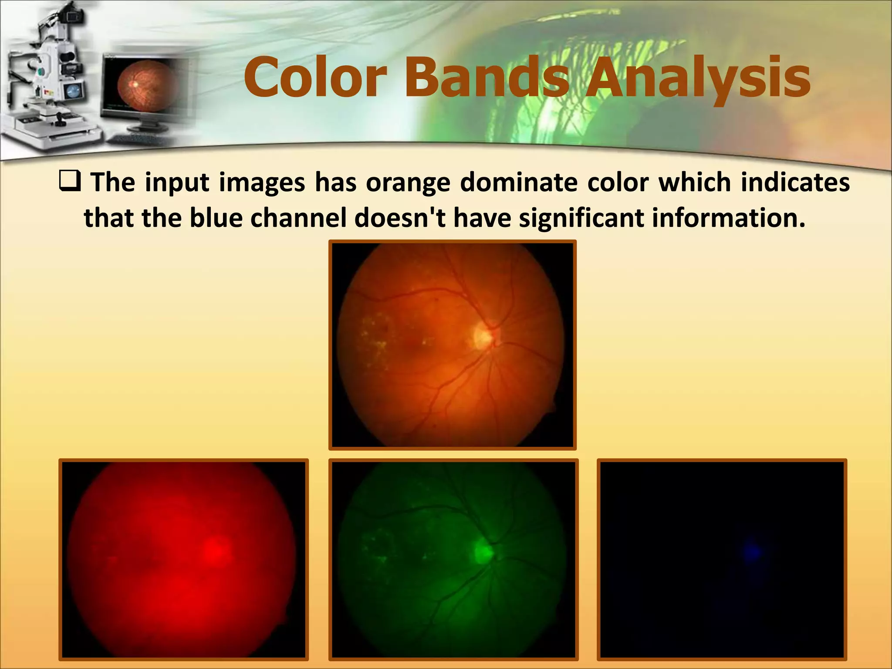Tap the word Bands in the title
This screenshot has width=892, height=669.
click(487, 79)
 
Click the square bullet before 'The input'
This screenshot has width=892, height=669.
click(70, 182)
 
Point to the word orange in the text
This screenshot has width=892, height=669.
click(408, 183)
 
